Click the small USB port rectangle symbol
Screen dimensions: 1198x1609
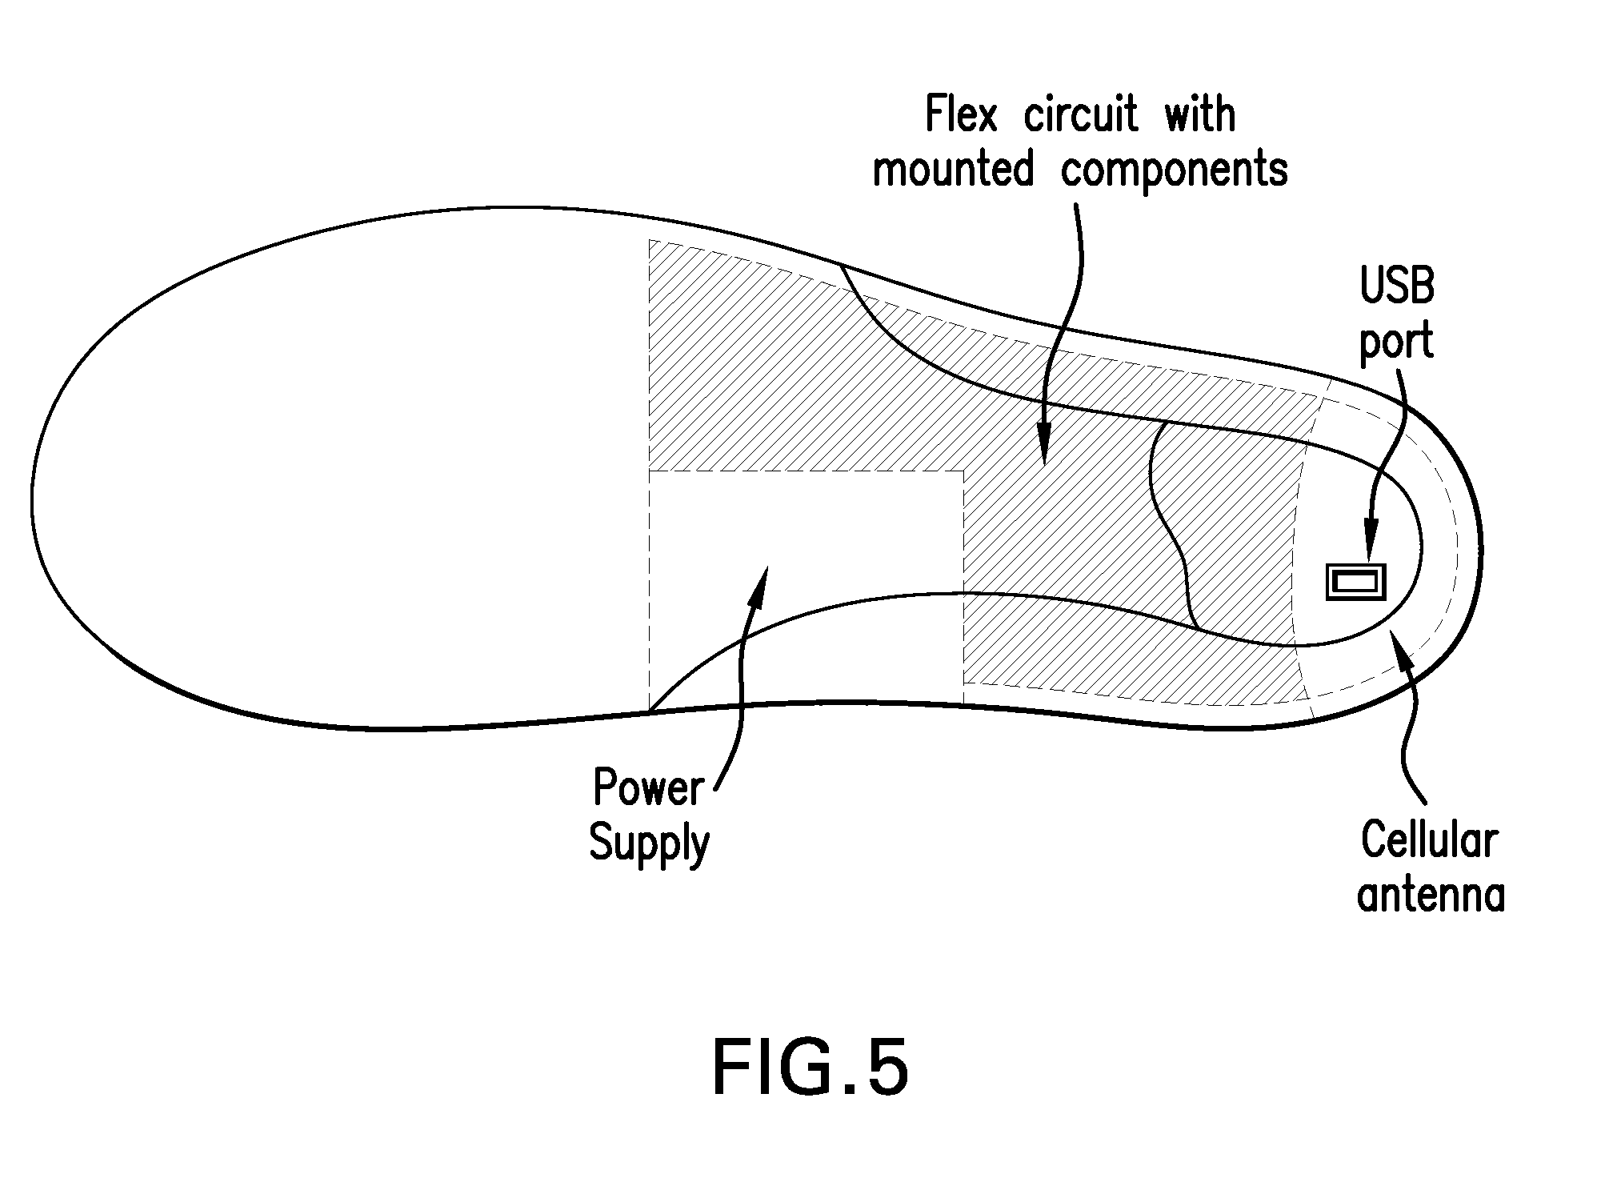click(x=1355, y=582)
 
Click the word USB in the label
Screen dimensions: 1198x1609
click(x=1397, y=286)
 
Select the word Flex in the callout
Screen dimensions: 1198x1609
click(x=962, y=114)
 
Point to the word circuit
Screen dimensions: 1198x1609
click(x=1080, y=114)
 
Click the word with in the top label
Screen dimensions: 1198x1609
click(x=1199, y=114)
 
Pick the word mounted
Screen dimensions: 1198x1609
click(x=953, y=169)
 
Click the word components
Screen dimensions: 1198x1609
click(x=1175, y=170)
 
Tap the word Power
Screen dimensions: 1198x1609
click(x=648, y=787)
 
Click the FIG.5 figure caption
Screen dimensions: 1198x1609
click(x=810, y=1068)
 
